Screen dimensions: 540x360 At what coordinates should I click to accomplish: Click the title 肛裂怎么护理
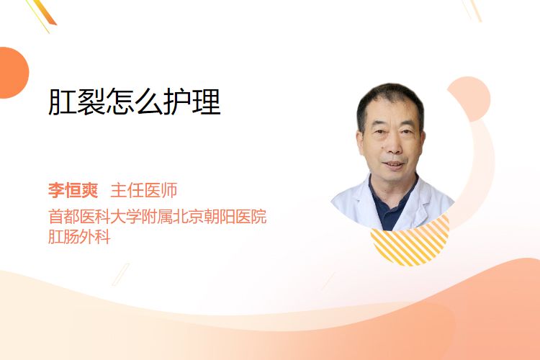tap(135, 102)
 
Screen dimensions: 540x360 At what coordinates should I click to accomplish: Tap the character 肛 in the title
tap(63, 102)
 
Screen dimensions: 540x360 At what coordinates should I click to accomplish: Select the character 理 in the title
tap(207, 102)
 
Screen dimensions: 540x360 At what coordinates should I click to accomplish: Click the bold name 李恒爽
tap(73, 190)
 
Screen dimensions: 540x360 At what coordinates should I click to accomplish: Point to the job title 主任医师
tap(143, 190)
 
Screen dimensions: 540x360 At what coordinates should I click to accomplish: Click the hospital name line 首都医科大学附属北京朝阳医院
tap(158, 217)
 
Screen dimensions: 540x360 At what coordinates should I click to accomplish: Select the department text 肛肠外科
tap(79, 237)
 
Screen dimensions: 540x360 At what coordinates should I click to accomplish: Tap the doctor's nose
tap(394, 146)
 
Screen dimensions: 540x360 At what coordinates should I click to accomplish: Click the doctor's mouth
tap(394, 164)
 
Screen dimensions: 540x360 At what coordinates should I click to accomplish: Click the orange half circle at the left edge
tap(13, 73)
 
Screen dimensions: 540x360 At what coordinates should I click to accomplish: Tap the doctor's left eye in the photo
tap(406, 131)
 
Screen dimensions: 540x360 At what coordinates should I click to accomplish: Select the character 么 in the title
tap(149, 102)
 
